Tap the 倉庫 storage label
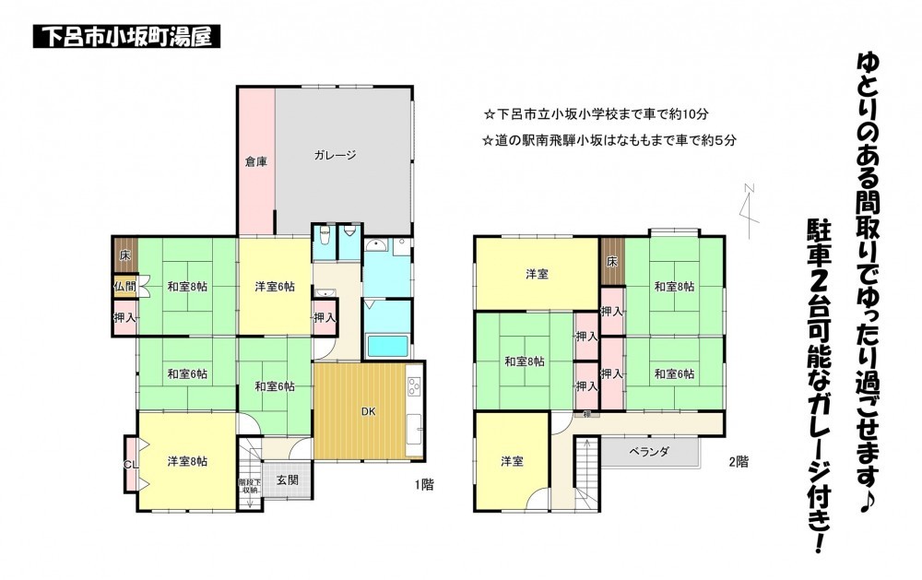(x=255, y=161)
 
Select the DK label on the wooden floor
(x=367, y=410)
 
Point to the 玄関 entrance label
(x=287, y=479)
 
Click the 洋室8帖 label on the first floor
(x=187, y=461)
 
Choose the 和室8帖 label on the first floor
(x=187, y=286)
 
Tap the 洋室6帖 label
(x=275, y=286)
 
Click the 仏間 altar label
(x=124, y=286)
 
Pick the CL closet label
(x=129, y=465)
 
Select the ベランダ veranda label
(x=649, y=451)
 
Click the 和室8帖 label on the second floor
(x=674, y=286)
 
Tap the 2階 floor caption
(x=739, y=460)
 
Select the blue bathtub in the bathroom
(x=393, y=347)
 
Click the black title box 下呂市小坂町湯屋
(x=126, y=38)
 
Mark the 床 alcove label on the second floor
(x=612, y=262)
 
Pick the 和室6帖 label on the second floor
(x=674, y=373)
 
